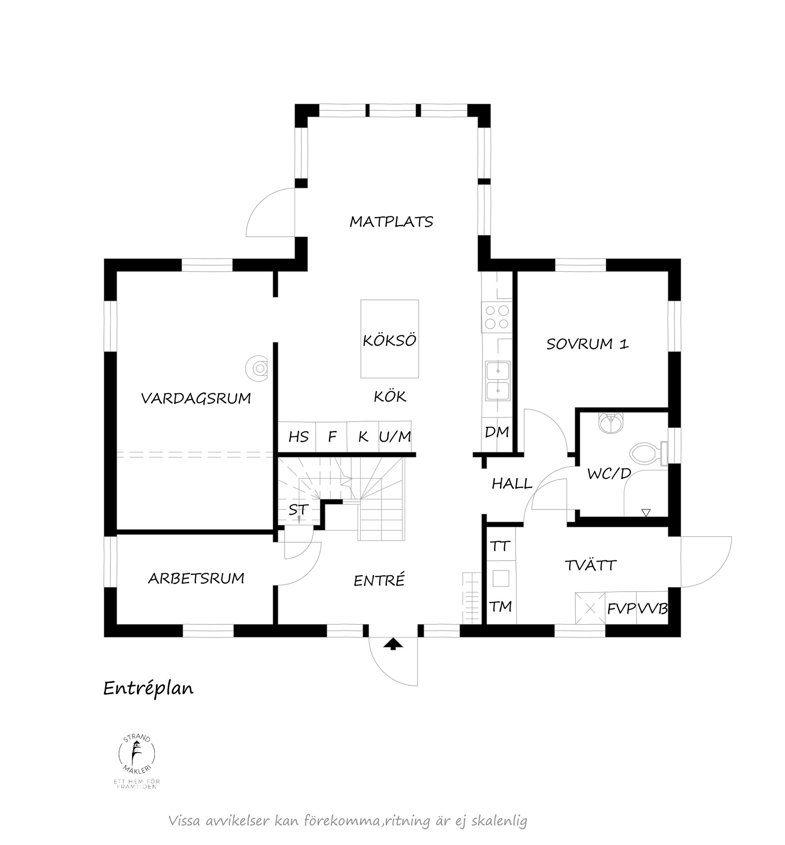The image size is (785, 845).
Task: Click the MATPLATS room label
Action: point(391,221)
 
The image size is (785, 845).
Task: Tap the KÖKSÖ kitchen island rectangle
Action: point(390,338)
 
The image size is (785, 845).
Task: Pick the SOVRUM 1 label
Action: point(587,344)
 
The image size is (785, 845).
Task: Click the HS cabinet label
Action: point(298,437)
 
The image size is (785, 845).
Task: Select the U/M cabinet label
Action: point(395,436)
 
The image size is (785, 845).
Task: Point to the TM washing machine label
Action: point(501,607)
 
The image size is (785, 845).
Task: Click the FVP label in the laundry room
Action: point(621,609)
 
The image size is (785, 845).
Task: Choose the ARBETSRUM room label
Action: point(196,578)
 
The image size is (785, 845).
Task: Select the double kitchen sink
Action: point(498,381)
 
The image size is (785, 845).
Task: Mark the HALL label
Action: point(512,484)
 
